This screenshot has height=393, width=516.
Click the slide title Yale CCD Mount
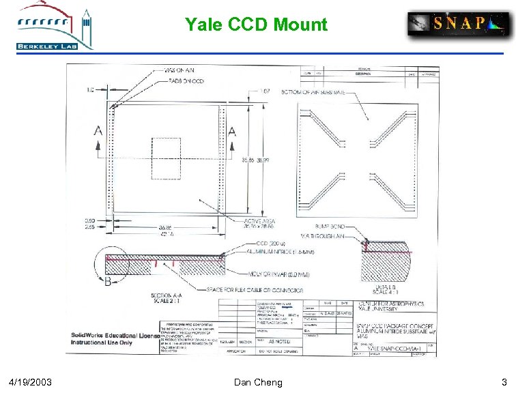[x=256, y=25]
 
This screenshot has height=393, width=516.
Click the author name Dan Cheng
[x=257, y=382]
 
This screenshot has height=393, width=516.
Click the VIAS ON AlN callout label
[x=180, y=70]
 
